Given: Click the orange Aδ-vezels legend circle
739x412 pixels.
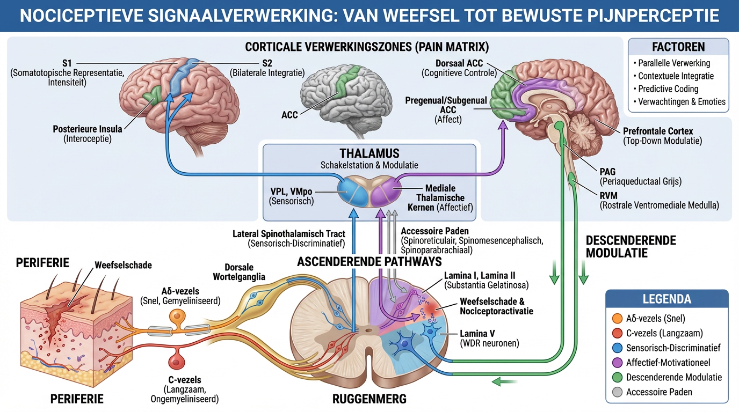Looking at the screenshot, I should (617, 318).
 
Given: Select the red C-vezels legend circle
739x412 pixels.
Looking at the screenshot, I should (617, 333).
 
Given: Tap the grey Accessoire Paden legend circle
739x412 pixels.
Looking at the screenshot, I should (617, 392).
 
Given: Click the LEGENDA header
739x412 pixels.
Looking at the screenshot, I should (666, 299).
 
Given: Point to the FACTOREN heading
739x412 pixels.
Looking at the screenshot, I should (678, 47).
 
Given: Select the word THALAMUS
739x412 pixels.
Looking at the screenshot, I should (369, 153).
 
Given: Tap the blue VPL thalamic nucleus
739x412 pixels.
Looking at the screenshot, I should (353, 192).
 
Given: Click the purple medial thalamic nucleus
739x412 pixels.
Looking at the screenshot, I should (385, 192).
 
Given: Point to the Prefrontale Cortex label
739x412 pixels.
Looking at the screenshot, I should (658, 131).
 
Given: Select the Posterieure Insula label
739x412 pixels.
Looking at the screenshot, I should (88, 129).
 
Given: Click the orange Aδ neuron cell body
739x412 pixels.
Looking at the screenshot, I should (177, 317).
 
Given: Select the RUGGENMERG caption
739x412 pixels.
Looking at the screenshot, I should (369, 399).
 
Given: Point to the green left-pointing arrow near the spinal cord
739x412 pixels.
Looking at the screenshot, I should (505, 381).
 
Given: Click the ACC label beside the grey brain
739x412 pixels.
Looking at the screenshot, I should (289, 115).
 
